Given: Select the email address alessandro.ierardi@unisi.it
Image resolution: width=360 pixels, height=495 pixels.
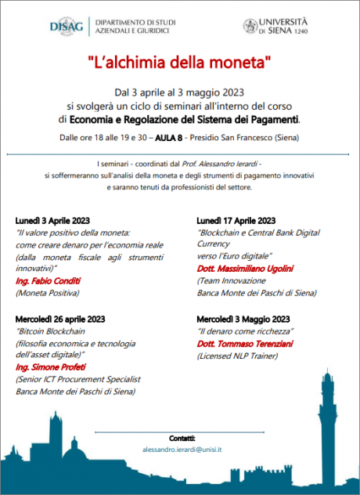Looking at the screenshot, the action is coord(182,450).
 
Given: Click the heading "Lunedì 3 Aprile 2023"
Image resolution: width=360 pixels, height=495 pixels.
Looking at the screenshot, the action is coord(52,221).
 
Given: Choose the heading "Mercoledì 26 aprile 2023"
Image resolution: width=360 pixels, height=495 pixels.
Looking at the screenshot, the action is coord(59,320).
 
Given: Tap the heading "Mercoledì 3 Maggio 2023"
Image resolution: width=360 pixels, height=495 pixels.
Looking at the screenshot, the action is coord(243,320).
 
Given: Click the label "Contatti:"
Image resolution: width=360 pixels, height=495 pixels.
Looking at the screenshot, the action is coord(182,437).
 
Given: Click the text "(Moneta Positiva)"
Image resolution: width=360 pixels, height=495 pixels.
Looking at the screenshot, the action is coord(48,293).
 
